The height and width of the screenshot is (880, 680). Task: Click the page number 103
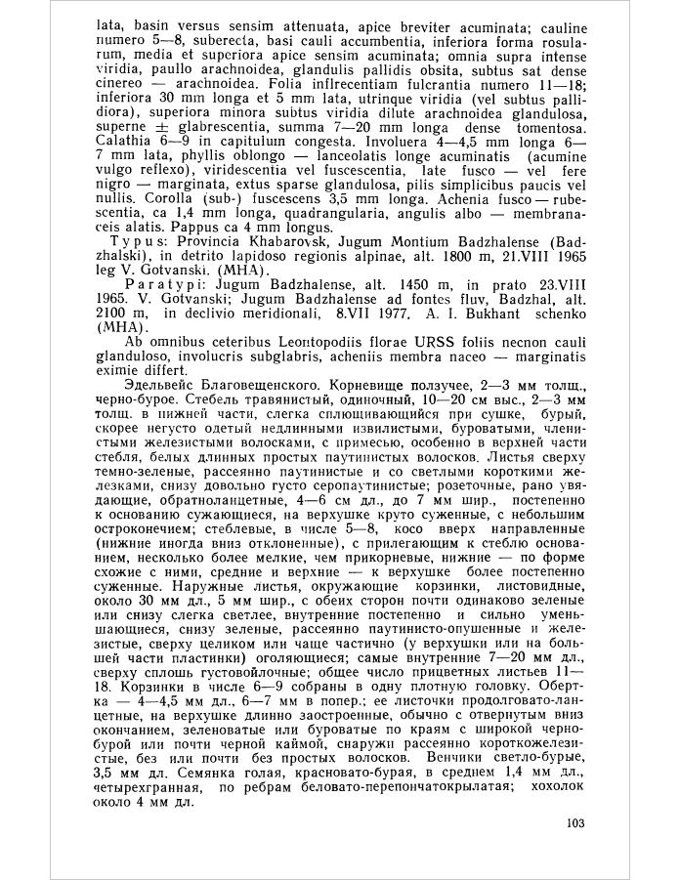tap(574, 822)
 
